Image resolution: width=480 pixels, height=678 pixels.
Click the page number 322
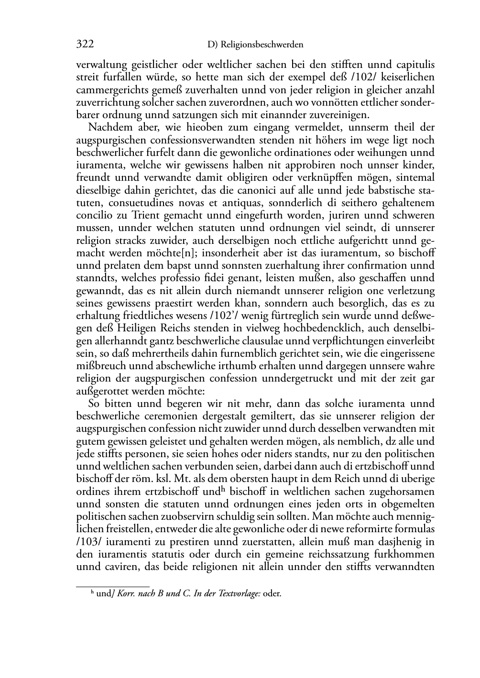(x=85, y=44)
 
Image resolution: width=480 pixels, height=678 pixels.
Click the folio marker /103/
(x=87, y=542)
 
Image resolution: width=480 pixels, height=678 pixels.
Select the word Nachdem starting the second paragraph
(x=108, y=128)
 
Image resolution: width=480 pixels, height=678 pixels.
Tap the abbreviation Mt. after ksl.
(x=182, y=479)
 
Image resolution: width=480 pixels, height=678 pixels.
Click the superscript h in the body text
(x=222, y=489)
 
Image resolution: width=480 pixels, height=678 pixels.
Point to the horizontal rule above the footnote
(x=113, y=586)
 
